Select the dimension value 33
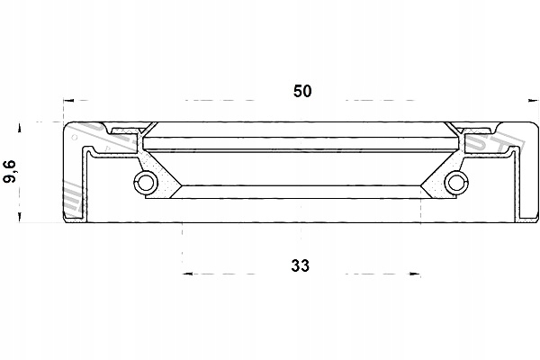[301, 265]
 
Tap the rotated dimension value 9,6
[12, 172]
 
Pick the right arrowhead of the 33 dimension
[417, 273]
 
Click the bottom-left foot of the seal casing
[68, 216]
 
